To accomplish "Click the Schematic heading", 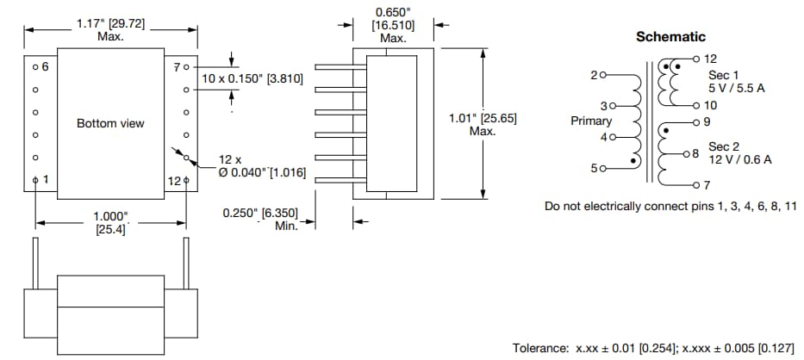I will tap(670, 37).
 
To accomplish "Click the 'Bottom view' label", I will tap(110, 123).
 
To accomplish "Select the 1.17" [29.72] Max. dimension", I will tap(110, 30).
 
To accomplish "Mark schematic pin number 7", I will tap(707, 185).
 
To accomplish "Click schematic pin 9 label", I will tap(707, 122).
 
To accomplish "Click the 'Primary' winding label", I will tap(591, 121).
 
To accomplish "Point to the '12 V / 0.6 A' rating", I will tap(740, 159).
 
